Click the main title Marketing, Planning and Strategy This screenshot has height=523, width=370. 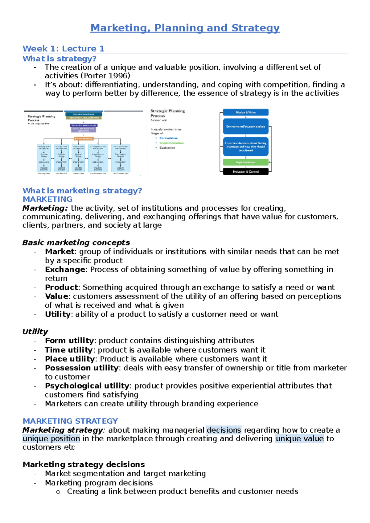185,28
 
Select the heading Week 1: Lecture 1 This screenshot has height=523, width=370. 64,49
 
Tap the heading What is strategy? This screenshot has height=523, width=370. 60,59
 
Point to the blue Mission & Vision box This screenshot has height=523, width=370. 245,113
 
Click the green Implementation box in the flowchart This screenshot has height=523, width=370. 245,162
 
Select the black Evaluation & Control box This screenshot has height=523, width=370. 245,172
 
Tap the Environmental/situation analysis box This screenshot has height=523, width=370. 245,126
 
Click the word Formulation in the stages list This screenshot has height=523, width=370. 169,138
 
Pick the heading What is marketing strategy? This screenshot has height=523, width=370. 82,191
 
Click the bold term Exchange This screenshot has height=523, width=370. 65,270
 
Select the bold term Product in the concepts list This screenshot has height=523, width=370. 61,287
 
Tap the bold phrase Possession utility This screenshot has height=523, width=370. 82,368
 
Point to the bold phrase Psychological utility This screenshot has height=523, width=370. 87,386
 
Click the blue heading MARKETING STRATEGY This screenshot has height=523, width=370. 70,421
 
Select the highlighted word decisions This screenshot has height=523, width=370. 224,430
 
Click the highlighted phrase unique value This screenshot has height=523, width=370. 299,439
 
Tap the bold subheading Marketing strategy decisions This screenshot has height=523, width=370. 84,464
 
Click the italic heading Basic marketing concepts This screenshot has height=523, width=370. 76,243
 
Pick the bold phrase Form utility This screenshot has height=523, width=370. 69,341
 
